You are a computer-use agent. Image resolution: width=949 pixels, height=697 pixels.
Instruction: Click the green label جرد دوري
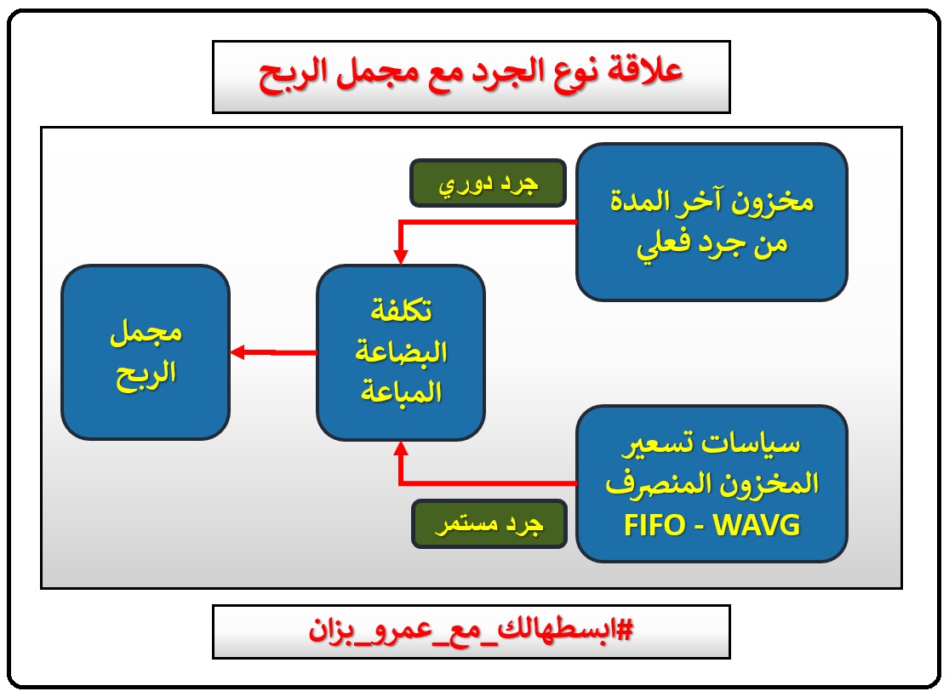(488, 183)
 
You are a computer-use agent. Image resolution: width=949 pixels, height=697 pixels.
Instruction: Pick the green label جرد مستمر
(489, 524)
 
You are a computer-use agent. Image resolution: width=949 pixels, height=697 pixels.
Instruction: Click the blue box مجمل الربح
(146, 352)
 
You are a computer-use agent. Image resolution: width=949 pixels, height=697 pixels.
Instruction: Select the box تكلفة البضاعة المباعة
(400, 352)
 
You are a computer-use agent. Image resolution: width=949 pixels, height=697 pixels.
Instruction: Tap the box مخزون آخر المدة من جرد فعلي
(712, 222)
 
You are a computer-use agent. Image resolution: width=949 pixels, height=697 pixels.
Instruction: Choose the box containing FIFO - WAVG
(712, 483)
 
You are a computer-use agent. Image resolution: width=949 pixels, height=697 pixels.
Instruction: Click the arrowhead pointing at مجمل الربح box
(237, 352)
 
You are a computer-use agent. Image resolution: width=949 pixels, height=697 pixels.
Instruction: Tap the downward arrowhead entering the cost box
(400, 255)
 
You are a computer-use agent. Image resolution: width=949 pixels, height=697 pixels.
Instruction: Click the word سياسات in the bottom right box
(771, 444)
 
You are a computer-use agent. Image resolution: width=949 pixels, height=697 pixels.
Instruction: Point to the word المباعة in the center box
(400, 392)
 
